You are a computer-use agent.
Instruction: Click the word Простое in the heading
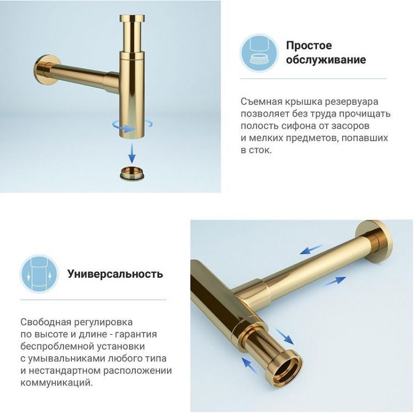pos(309,46)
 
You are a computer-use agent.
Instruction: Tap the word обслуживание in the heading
pos(326,60)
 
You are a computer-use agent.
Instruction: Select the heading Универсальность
pos(115,273)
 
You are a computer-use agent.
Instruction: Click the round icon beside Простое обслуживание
pos(259,52)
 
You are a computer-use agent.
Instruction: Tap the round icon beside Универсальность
pos(39,273)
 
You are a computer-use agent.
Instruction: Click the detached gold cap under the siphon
pos(132,171)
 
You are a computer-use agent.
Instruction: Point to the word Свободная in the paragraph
pos(44,322)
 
